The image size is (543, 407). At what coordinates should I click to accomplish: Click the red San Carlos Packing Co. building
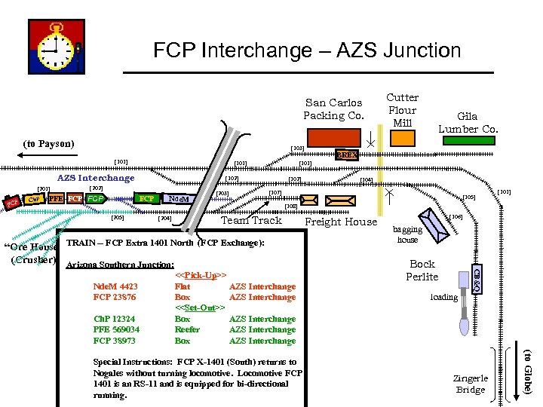pyautogui.click(x=333, y=138)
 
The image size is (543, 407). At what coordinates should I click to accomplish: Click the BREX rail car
pyautogui.click(x=347, y=155)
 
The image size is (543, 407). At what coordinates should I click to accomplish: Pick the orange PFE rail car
pyautogui.click(x=55, y=199)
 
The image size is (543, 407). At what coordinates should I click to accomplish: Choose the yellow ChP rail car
pyautogui.click(x=32, y=200)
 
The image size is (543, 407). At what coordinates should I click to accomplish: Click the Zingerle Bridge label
pyautogui.click(x=471, y=384)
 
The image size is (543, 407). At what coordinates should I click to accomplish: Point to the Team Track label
pyautogui.click(x=251, y=220)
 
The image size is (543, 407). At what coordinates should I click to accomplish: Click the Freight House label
pyautogui.click(x=340, y=222)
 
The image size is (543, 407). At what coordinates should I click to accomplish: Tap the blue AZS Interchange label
pyautogui.click(x=96, y=178)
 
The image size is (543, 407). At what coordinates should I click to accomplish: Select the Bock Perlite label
pyautogui.click(x=422, y=270)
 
